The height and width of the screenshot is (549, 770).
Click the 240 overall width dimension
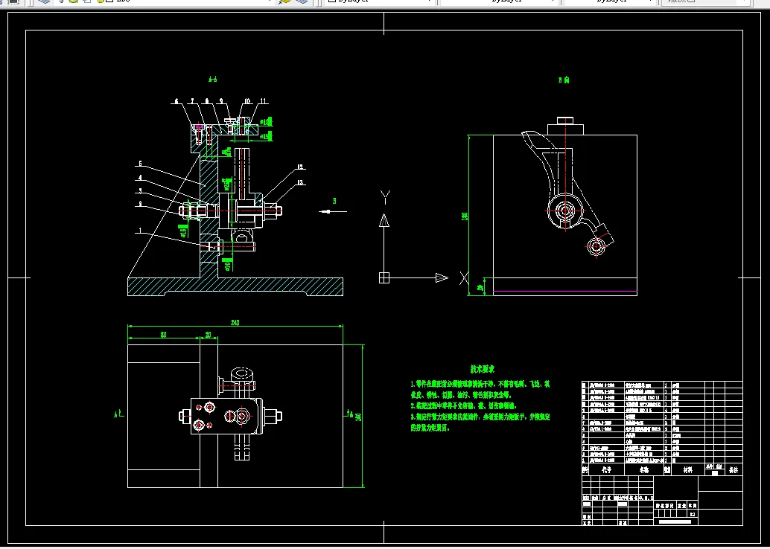point(235,322)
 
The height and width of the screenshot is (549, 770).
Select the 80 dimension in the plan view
point(163,334)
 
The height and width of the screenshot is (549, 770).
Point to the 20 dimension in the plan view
point(209,334)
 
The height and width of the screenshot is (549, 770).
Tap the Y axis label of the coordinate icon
point(385,196)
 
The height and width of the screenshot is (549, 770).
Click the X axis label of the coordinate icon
point(464,278)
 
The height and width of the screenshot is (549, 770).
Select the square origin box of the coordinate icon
point(384,277)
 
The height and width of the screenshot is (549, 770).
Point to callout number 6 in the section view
point(176,100)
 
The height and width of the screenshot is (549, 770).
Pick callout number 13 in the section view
point(300,182)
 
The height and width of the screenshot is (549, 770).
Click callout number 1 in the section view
point(139,231)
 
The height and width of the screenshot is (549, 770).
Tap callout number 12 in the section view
point(299,167)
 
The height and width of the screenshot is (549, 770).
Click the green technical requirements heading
point(483,369)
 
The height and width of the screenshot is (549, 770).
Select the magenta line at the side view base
point(564,290)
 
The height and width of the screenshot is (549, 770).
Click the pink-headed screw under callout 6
point(198,128)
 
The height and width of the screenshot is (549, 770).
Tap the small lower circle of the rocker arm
point(595,246)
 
